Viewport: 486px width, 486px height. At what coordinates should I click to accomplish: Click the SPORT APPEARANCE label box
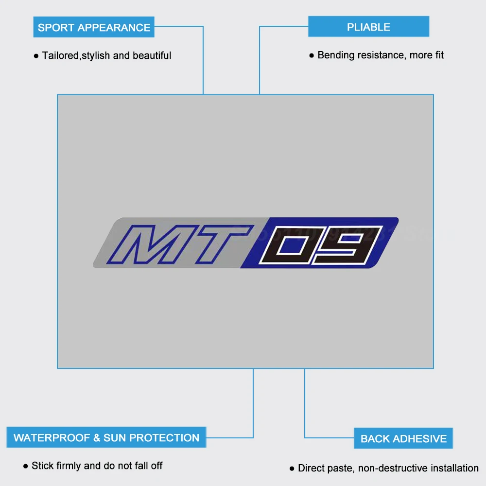coord(94,27)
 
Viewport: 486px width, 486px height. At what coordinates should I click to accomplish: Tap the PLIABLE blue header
coord(368,27)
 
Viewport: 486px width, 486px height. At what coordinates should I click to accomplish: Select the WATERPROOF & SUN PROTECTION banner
coord(106,437)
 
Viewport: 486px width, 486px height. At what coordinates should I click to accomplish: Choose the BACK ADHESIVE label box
coord(403,438)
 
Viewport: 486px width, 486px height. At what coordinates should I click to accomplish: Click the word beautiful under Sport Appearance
coord(152,55)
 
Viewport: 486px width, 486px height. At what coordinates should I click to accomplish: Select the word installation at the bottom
coord(454,468)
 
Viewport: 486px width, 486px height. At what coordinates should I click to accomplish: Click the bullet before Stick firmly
coord(26,466)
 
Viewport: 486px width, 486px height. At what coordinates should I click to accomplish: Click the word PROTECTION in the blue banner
coord(164,437)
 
